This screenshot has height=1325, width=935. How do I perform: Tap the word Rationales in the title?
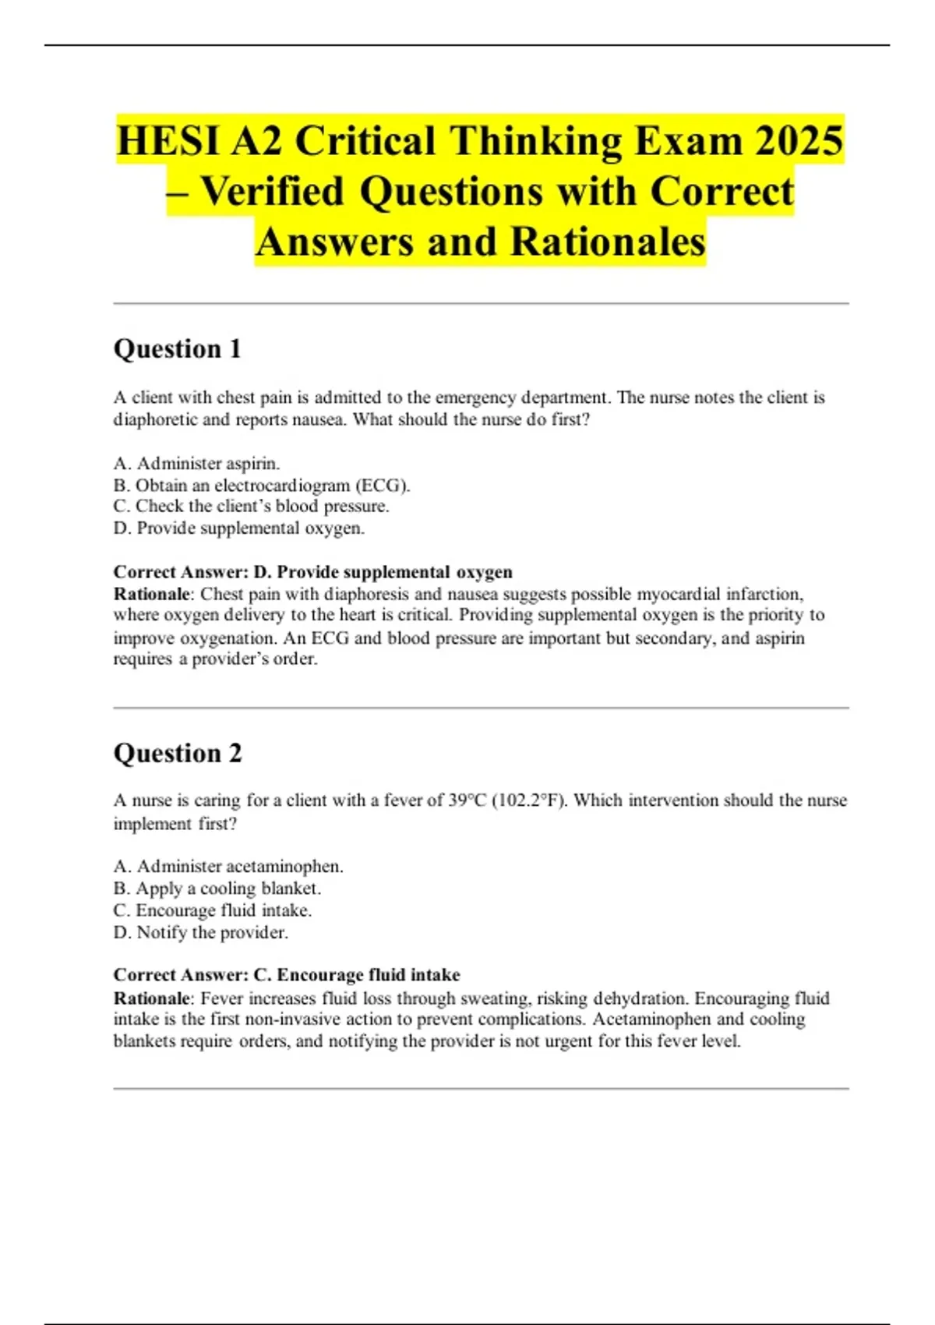click(x=608, y=242)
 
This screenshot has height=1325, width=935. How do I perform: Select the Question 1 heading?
click(x=178, y=348)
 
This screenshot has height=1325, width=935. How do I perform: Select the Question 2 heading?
click(x=178, y=753)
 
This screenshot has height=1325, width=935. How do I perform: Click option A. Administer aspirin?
click(x=196, y=463)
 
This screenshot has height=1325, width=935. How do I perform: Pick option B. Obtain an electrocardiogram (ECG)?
click(x=262, y=485)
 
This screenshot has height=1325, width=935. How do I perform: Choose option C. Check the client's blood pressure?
click(x=251, y=506)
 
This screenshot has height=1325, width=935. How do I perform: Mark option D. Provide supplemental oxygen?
click(x=239, y=528)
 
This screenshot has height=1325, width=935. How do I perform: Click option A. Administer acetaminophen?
click(x=228, y=866)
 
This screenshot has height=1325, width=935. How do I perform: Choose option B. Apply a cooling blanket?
click(x=217, y=888)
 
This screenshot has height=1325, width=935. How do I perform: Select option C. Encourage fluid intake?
click(x=213, y=910)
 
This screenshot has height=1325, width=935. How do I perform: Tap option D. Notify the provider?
click(x=201, y=932)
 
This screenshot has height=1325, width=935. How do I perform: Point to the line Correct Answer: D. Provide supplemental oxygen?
click(x=313, y=572)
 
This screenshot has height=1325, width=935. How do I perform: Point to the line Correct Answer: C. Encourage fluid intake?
click(x=287, y=975)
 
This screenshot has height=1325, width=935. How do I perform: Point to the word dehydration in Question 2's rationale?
click(x=640, y=998)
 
